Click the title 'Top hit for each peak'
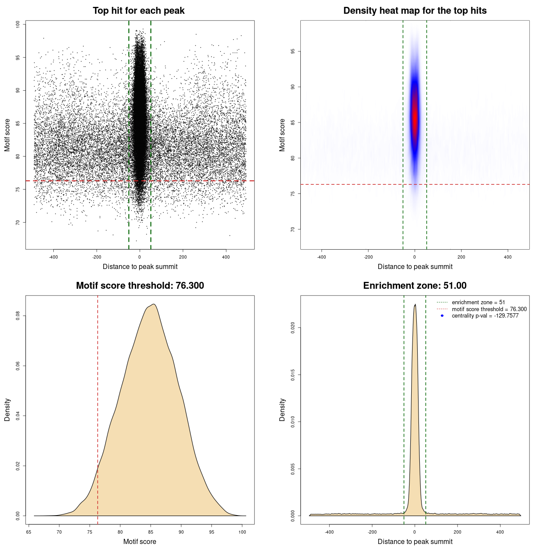point(139,11)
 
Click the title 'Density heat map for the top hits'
point(415,11)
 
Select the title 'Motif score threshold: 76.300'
point(140,286)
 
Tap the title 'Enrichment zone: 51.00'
point(415,286)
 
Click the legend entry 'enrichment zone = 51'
point(478,302)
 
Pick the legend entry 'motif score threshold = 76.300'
point(489,309)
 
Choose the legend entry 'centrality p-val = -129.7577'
point(485,316)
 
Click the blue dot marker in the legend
point(442,316)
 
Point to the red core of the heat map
point(415,118)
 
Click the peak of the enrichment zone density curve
point(415,305)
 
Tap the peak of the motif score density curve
point(153,304)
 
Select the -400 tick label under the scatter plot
point(53,257)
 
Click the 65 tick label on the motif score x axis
point(29,532)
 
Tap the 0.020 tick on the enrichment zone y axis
point(293,328)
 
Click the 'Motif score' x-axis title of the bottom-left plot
point(140,541)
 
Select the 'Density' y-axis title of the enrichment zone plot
point(282,409)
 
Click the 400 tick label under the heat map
point(508,257)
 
